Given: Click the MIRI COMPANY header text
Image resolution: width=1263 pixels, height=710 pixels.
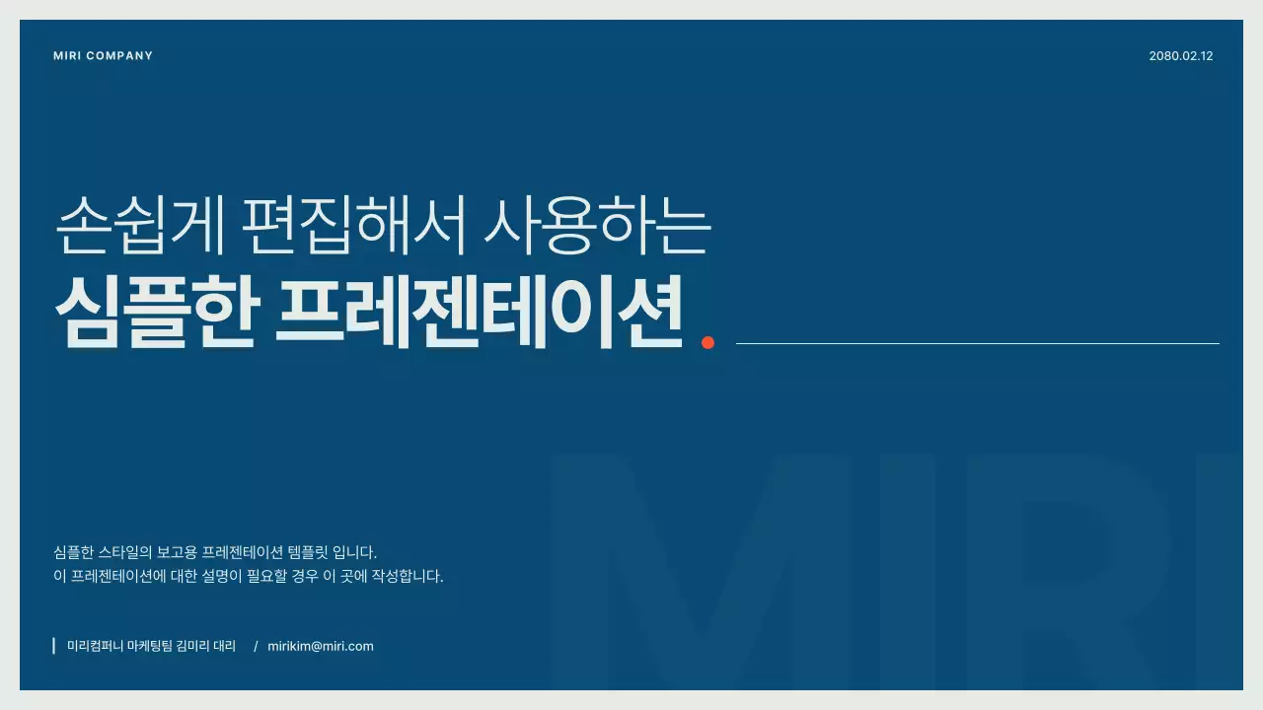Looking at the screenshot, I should click(104, 56).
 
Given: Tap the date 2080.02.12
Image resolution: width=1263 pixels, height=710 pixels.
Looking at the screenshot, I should click(1180, 56).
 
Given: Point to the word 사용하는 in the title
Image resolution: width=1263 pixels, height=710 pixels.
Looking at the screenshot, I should click(597, 225).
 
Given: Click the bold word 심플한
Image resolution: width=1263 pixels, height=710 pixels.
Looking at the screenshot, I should click(157, 311).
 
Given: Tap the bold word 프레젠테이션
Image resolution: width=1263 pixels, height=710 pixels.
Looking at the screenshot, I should click(480, 311).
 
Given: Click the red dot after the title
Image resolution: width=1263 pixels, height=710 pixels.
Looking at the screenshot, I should click(707, 342).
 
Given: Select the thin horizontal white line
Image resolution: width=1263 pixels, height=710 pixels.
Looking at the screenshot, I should click(977, 343).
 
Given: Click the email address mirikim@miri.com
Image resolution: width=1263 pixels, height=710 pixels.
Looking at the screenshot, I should click(321, 647).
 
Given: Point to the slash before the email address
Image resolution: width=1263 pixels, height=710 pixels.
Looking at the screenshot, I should click(256, 647).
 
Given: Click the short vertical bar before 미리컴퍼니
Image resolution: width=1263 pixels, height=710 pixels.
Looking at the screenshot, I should click(53, 646).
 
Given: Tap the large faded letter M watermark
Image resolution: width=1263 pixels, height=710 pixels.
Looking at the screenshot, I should click(701, 572).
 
